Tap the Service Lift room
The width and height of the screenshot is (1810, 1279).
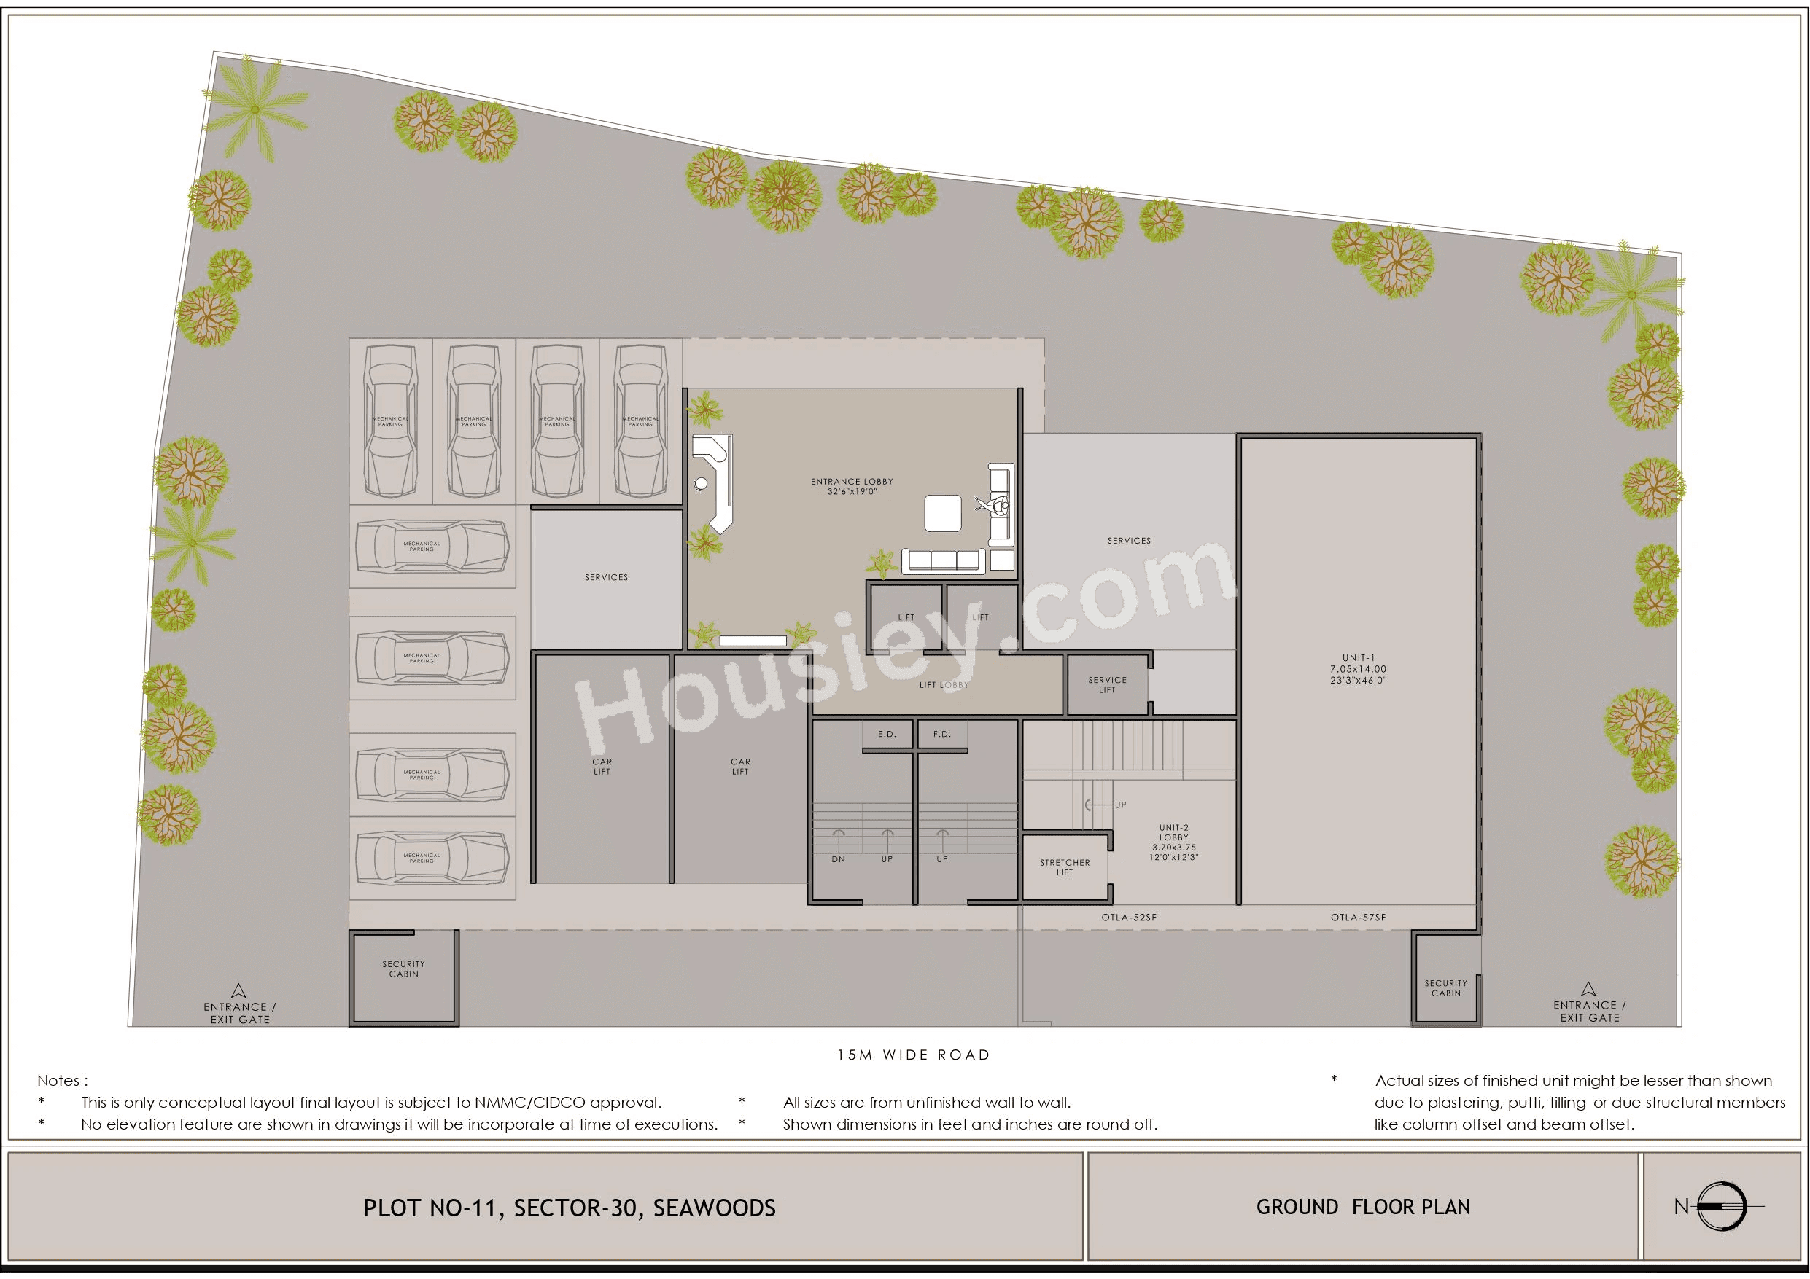pos(1107,685)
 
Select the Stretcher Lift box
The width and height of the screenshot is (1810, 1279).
pos(1064,868)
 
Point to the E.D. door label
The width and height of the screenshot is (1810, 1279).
pos(887,734)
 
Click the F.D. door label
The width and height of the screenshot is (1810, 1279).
pos(942,734)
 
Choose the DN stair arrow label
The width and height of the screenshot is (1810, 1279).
pos(838,859)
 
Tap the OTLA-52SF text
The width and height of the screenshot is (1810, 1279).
pos(1129,918)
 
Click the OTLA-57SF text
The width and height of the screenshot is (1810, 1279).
pos(1358,918)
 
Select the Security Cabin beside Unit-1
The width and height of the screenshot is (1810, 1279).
pos(1446,987)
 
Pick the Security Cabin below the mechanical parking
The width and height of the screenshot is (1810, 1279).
pos(403,969)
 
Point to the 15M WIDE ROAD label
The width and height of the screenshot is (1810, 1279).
pos(914,1055)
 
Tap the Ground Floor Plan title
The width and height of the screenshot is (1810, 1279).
pos(1363,1208)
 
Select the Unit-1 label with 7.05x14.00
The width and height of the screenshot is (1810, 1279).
pos(1359,669)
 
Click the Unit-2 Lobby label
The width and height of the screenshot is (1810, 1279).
pos(1174,842)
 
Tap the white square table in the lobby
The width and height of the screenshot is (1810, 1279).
pos(943,513)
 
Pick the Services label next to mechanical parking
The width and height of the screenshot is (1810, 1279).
pos(606,578)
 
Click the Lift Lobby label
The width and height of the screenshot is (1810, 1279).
pos(944,685)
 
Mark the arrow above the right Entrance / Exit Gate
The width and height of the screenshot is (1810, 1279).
pos(1588,987)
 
